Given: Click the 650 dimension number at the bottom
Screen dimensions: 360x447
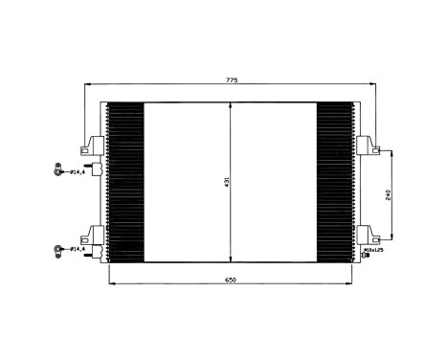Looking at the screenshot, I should (232, 280).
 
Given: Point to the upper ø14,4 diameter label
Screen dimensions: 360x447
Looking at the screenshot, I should (78, 173).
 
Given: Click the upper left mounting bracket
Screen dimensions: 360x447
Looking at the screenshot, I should (95, 146).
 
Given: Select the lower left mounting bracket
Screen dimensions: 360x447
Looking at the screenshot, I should (95, 235).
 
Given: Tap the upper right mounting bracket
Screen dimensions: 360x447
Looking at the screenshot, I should (367, 146).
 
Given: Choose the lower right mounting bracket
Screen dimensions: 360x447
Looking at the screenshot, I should (367, 235).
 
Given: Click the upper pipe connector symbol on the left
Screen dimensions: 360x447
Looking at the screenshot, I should (58, 173).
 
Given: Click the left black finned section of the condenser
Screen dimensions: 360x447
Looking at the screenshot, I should (124, 182).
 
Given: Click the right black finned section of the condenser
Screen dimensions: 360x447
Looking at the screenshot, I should (336, 182).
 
